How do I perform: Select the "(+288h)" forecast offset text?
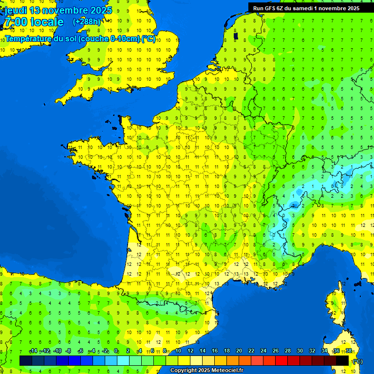coord(86,22)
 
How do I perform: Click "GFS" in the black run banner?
coord(270,8)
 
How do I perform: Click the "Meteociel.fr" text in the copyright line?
coord(227,371)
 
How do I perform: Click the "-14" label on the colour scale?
coord(33,351)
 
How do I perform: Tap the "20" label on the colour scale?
coord(239,351)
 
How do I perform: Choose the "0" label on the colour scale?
coord(116,351)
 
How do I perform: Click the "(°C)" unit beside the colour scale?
coord(357,361)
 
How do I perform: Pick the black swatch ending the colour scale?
coord(342,360)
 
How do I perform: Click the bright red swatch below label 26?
coord(281,360)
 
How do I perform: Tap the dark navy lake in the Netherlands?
coord(236,36)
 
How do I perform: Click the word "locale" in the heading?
coord(47,22)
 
